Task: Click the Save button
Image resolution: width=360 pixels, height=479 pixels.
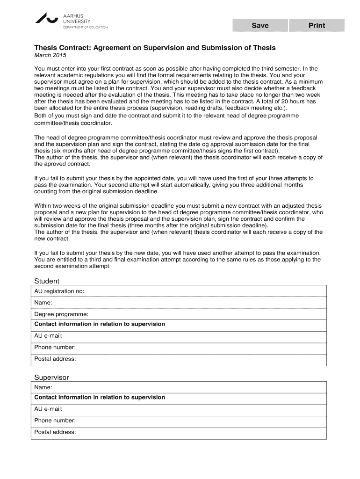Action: pyautogui.click(x=260, y=26)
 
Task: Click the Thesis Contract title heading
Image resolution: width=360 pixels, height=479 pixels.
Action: pyautogui.click(x=155, y=48)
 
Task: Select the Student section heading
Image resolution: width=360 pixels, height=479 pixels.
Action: pyautogui.click(x=47, y=281)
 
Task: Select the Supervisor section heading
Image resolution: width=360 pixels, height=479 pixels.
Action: pyautogui.click(x=51, y=377)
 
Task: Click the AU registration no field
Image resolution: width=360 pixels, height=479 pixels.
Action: pyautogui.click(x=206, y=291)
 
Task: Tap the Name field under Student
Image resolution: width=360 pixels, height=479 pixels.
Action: pyautogui.click(x=187, y=303)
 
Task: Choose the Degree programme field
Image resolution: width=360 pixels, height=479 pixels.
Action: pyautogui.click(x=206, y=314)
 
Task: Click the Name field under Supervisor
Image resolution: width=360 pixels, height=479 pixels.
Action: pyautogui.click(x=187, y=387)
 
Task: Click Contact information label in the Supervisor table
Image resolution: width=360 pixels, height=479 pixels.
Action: pyautogui.click(x=100, y=398)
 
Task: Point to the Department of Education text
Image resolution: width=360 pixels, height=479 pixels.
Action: pyautogui.click(x=86, y=27)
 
